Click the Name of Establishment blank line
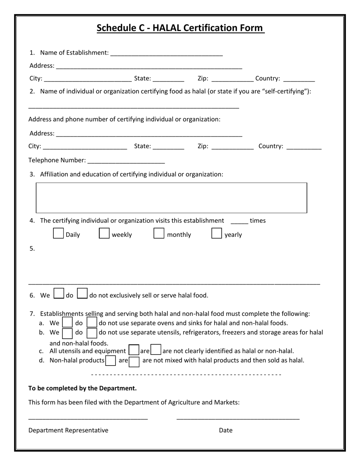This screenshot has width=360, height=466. click(166, 53)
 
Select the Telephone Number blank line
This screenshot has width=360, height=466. click(126, 161)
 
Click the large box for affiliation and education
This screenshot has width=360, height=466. click(171, 198)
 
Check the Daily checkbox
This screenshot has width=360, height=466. click(58, 233)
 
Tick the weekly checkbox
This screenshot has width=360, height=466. click(104, 233)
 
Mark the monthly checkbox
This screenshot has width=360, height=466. click(159, 233)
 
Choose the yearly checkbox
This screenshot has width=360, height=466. click(216, 233)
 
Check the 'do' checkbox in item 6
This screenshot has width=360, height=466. click(59, 294)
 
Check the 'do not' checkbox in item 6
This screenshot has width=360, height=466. click(82, 294)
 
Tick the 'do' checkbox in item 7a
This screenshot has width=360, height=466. click(67, 322)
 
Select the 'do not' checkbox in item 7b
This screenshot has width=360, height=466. click(92, 333)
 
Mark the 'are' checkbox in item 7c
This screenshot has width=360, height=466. click(134, 350)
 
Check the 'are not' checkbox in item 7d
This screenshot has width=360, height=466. click(134, 361)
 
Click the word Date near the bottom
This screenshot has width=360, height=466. click(225, 430)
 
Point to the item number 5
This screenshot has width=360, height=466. click(32, 249)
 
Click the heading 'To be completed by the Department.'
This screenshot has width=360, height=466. click(82, 388)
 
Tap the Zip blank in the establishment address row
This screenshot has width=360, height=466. click(232, 79)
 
